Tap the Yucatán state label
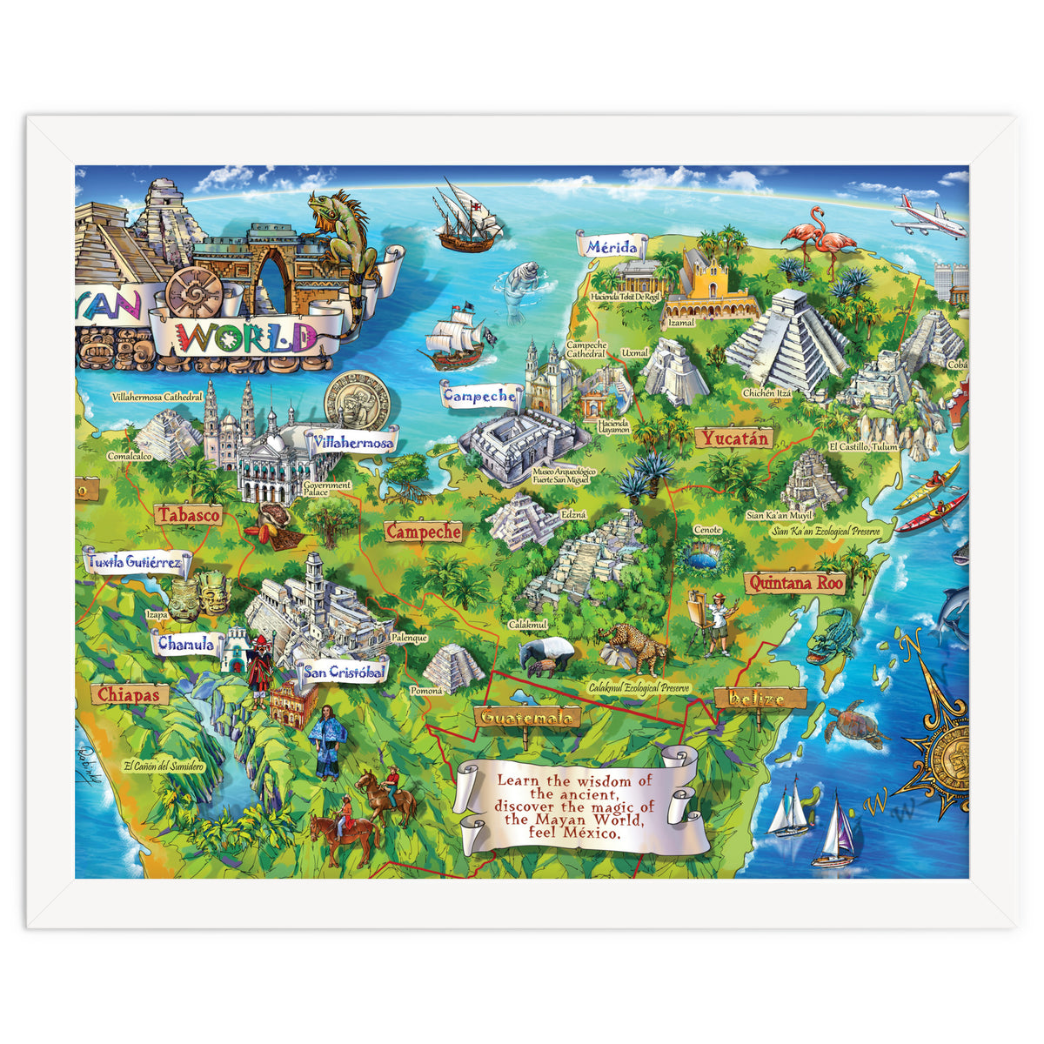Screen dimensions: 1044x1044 click(x=735, y=438)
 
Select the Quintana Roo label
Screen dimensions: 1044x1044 click(x=795, y=583)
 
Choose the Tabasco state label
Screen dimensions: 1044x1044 click(x=188, y=515)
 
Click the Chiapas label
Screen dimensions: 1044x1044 click(x=128, y=694)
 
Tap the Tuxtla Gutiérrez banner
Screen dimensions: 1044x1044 click(x=135, y=562)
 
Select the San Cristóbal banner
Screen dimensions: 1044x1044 click(x=344, y=672)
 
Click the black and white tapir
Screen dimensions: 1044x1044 click(x=547, y=654)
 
